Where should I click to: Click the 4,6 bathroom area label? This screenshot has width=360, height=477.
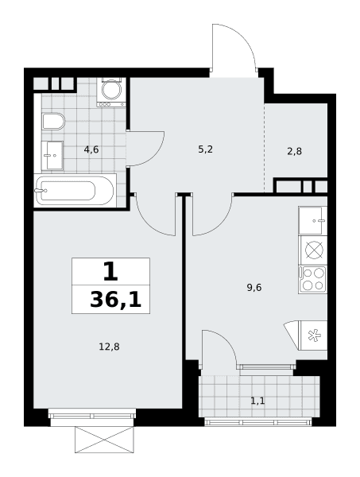(91, 149)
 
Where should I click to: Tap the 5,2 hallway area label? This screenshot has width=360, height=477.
(205, 149)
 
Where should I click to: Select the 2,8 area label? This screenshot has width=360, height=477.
(294, 151)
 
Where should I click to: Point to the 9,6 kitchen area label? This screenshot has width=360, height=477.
(254, 288)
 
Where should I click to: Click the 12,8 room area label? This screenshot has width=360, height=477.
(109, 347)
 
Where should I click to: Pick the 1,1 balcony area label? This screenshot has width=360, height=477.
(257, 401)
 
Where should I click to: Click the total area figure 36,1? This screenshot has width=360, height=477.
(116, 301)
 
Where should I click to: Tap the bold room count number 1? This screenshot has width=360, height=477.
(110, 272)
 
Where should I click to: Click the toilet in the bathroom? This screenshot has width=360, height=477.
(53, 121)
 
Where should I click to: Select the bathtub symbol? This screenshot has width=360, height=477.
(75, 191)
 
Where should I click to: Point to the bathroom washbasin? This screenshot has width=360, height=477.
(52, 156)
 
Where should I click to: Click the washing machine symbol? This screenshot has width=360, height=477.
(111, 92)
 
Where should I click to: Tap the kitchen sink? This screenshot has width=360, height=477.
(312, 220)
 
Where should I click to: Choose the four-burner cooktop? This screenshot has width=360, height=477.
(313, 280)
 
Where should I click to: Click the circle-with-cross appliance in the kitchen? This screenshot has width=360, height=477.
(315, 250)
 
